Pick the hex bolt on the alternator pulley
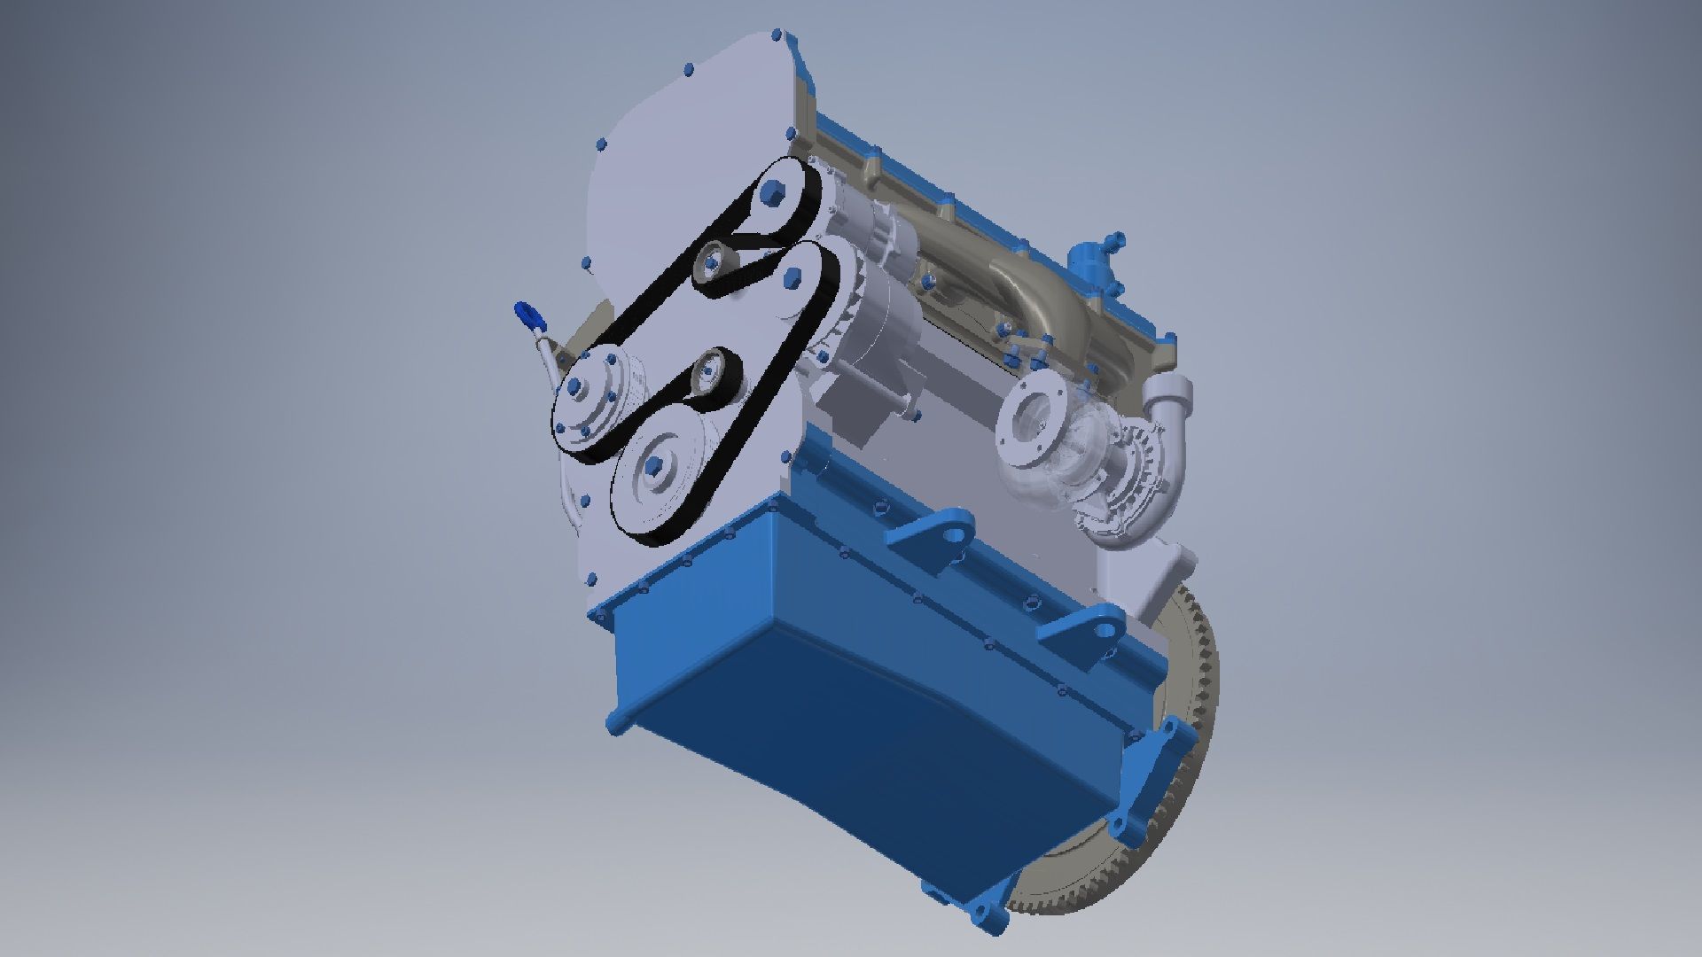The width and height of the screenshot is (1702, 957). coord(793,277)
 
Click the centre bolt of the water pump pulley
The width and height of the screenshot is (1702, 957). coord(574,385)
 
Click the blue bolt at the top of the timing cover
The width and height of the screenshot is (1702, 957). coord(777,36)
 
